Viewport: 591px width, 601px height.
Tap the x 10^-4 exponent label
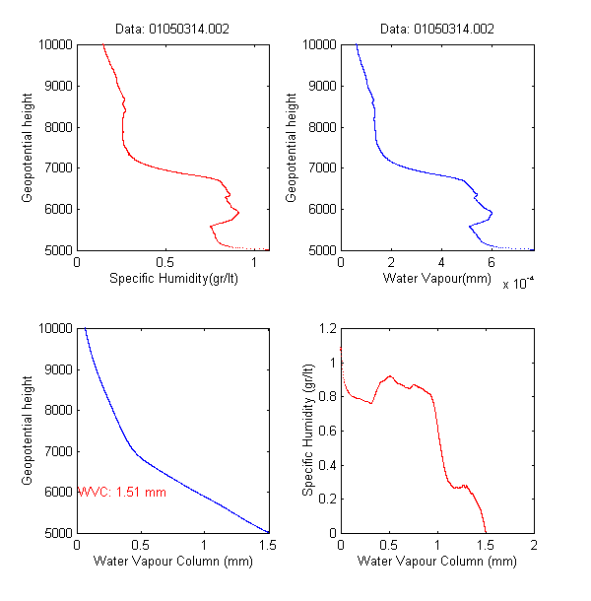(x=518, y=284)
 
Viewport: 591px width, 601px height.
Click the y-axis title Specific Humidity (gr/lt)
(x=308, y=430)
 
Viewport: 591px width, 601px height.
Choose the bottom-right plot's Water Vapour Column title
(x=436, y=563)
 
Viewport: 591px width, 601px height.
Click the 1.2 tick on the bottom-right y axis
(x=324, y=328)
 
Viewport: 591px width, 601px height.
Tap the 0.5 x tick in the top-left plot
(x=165, y=263)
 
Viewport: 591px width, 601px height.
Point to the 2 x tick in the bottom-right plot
(x=533, y=546)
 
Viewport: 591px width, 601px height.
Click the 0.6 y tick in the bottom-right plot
(x=324, y=431)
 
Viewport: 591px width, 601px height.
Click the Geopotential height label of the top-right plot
(x=292, y=148)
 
